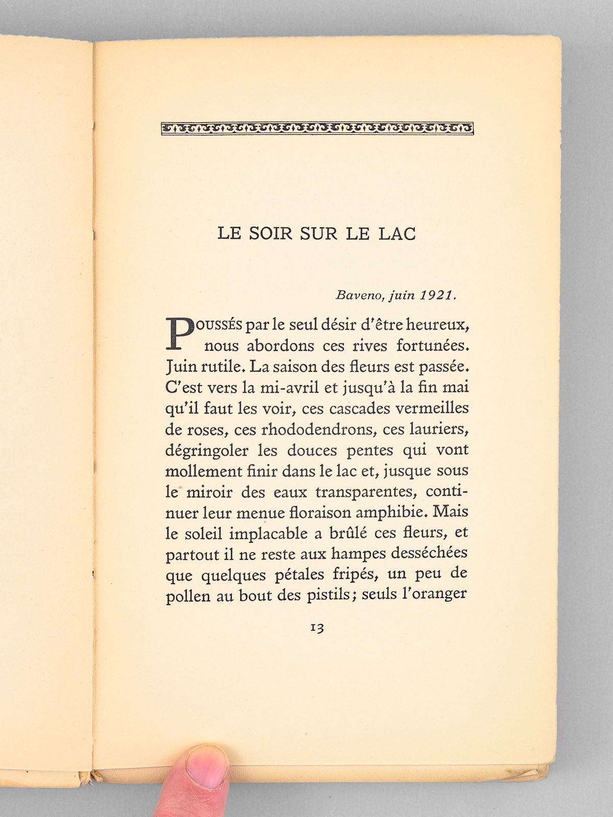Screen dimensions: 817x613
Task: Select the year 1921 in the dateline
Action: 437,295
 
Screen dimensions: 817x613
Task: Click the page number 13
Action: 317,628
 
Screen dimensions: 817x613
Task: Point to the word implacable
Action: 268,533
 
